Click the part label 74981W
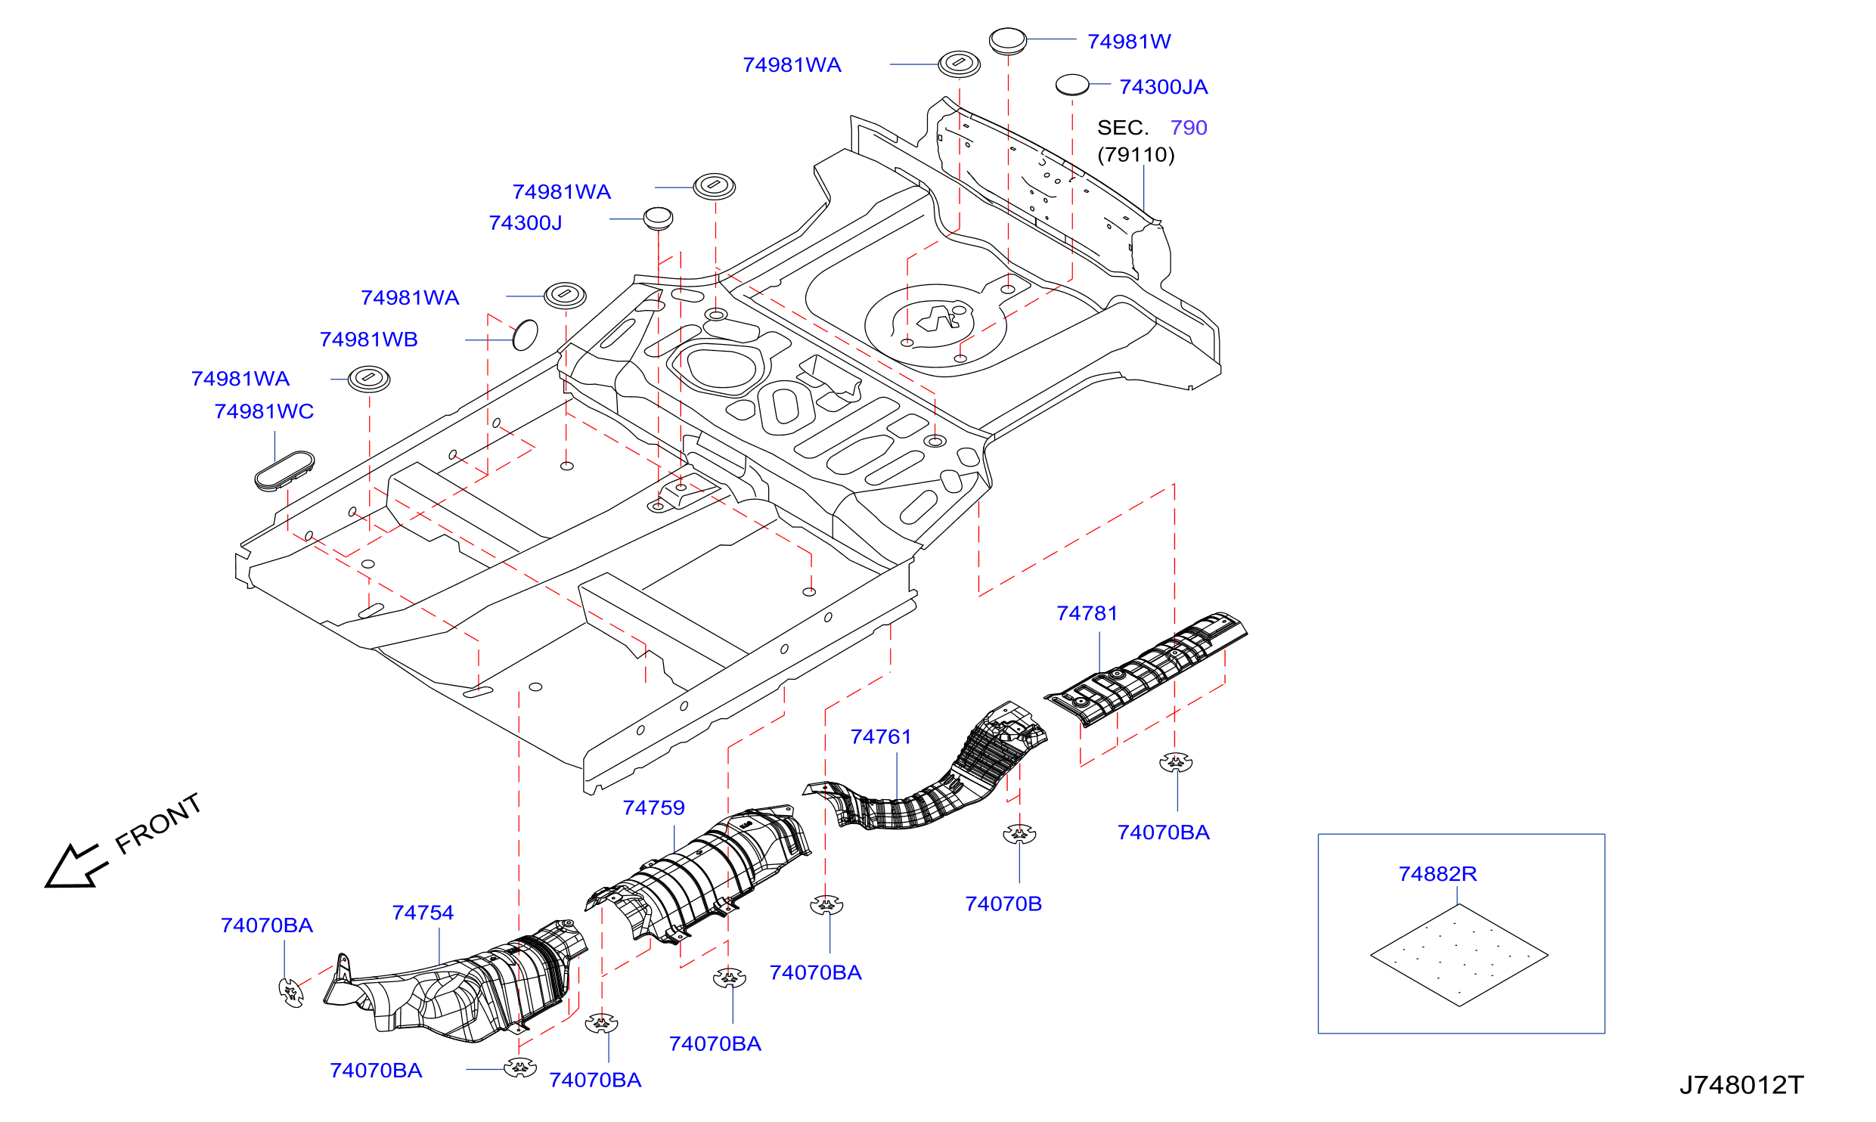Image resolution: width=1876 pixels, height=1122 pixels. pos(1129,42)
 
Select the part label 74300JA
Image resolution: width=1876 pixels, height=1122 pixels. pos(1164,87)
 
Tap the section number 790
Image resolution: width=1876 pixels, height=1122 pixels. pos(1189,128)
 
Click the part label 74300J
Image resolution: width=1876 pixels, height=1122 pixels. pos(526,223)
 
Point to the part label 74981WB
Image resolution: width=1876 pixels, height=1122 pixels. pos(369,339)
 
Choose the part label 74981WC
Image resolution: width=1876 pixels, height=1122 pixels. pos(264,411)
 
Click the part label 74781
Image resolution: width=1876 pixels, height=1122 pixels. pos(1087,613)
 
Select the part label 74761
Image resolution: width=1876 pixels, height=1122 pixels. pos(881,736)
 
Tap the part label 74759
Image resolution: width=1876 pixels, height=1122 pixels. pos(654,807)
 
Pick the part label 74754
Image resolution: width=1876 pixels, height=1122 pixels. pos(423,913)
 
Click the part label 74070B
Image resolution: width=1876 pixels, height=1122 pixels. pos(1003,903)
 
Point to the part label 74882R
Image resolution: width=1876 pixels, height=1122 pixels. pos(1437,874)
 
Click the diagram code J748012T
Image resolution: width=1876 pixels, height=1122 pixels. pos(1741,1085)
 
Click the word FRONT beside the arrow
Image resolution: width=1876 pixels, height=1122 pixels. pos(158,823)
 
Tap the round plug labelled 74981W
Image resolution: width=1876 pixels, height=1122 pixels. pos(1008,41)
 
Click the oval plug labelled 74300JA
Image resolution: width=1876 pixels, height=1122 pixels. pos(1072,85)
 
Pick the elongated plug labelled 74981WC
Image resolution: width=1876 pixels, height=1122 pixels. pos(284,471)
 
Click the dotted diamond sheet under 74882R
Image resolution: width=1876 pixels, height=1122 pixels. pos(1459,955)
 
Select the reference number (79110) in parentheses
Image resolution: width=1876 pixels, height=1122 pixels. pos(1136,155)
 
